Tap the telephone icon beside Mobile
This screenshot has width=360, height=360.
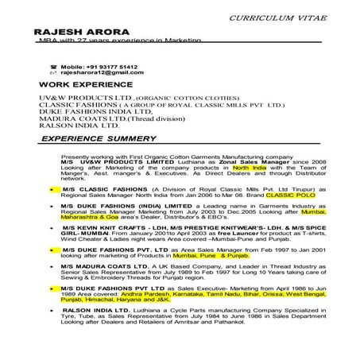[53, 67]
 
